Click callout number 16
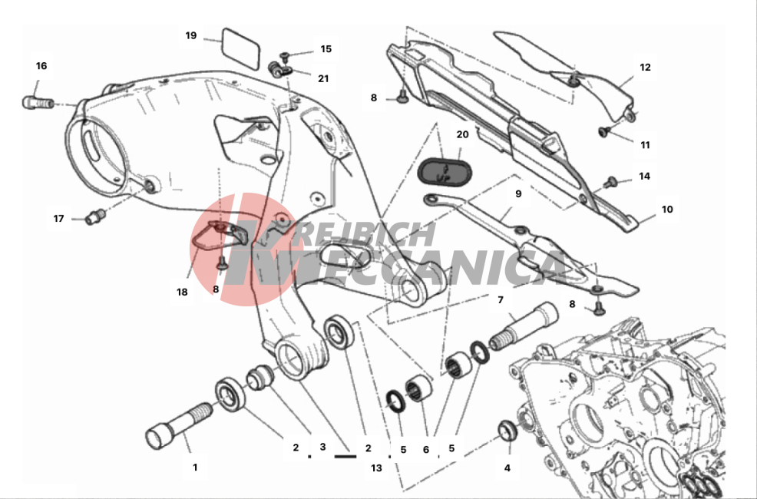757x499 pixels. [x=41, y=65]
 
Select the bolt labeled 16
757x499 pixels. [x=38, y=102]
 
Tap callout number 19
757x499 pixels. [x=191, y=35]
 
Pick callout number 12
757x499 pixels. [x=646, y=67]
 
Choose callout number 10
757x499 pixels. [x=667, y=209]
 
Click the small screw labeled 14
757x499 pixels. [x=610, y=183]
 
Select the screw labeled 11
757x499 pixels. [x=603, y=131]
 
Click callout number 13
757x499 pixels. [x=376, y=468]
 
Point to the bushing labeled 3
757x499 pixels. [x=259, y=377]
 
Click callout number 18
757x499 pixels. [x=182, y=292]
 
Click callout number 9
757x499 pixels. [x=518, y=193]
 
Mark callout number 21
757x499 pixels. [x=323, y=78]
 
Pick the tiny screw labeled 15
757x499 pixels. [x=284, y=57]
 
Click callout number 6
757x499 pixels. [x=426, y=449]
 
